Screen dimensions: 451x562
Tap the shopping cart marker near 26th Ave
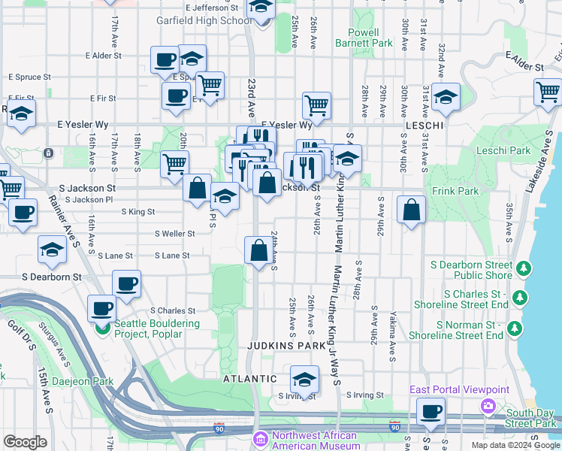tap(317, 104)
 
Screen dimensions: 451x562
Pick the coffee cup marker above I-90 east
tap(431, 410)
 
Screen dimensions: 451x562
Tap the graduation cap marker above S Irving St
tap(304, 378)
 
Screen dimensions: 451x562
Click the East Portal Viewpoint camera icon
tap(489, 405)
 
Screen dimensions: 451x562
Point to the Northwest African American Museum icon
tap(260, 437)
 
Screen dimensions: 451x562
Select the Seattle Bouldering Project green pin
tap(103, 328)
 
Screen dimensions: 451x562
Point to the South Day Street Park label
tap(530, 419)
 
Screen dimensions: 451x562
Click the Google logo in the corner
tap(25, 442)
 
